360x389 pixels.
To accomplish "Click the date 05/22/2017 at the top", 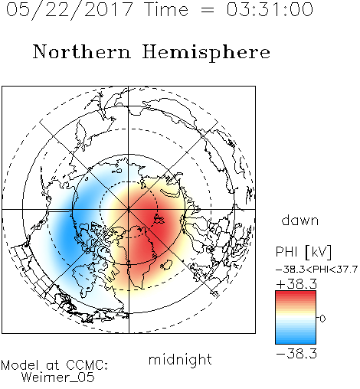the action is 69,10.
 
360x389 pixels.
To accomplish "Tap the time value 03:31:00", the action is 270,9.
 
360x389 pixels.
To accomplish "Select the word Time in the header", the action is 166,9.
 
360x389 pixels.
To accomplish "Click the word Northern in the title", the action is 82,51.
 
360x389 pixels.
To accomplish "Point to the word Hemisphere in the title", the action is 206,53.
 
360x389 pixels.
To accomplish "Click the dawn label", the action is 300,220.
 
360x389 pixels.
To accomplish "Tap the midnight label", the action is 180,359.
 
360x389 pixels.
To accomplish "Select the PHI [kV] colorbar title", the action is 303,252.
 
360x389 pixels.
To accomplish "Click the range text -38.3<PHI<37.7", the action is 316,270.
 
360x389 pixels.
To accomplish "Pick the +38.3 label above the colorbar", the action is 296,284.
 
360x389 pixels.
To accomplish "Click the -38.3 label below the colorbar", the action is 296,354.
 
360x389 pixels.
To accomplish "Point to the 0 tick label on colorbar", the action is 322,319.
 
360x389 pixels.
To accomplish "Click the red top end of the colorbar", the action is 296,293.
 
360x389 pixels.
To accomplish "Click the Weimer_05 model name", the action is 58,378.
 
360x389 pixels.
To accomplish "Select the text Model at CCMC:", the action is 54,365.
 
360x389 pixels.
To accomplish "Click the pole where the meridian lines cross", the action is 129,209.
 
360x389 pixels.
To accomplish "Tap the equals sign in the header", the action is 208,10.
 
